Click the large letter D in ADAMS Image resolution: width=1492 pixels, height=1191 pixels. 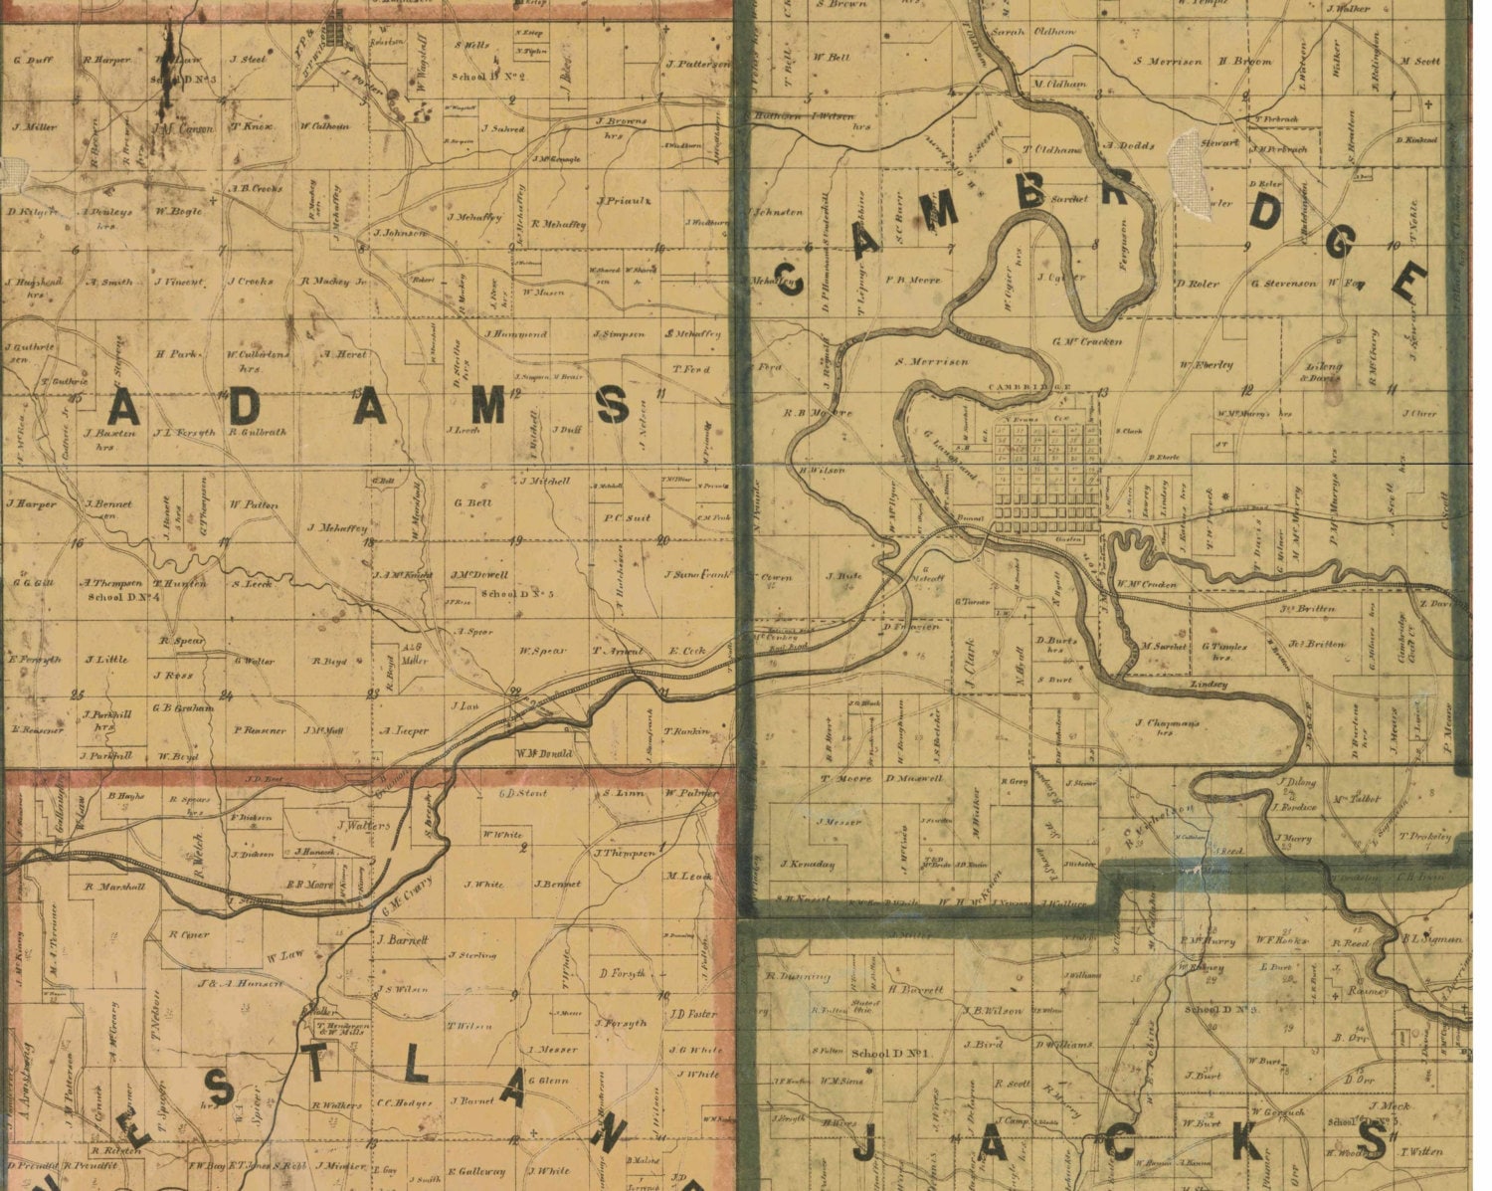click(x=243, y=406)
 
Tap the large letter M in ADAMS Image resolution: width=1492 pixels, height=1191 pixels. click(x=488, y=406)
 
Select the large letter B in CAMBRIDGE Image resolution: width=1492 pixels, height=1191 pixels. click(x=1030, y=193)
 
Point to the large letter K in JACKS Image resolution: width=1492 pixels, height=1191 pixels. click(x=1245, y=1141)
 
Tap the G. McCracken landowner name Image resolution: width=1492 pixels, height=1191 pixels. click(x=1087, y=341)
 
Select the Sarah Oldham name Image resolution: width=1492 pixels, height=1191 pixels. click(x=1019, y=32)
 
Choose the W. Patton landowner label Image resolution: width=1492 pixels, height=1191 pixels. click(x=254, y=504)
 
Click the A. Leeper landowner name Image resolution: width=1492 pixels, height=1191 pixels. click(x=404, y=730)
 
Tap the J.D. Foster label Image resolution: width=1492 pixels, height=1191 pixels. click(x=693, y=1015)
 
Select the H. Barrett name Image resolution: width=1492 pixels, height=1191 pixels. click(x=914, y=990)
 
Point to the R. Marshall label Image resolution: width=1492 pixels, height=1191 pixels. click(x=115, y=887)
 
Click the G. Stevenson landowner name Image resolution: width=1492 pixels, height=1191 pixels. click(x=1283, y=284)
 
